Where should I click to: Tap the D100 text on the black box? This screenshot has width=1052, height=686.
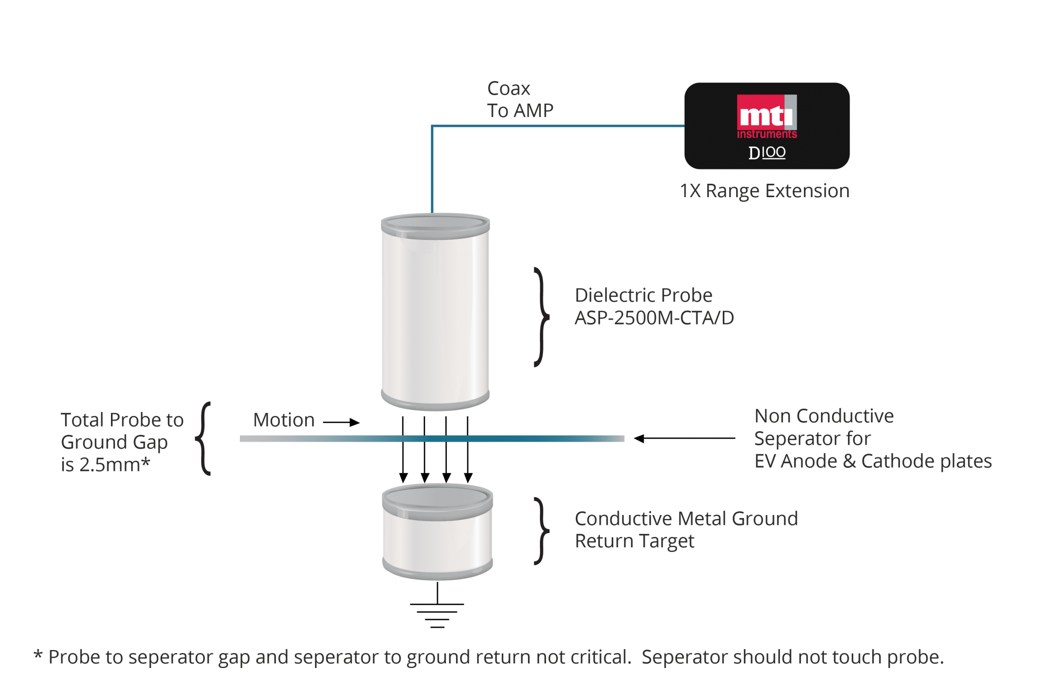pos(766,153)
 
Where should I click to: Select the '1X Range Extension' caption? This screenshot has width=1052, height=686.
pos(764,191)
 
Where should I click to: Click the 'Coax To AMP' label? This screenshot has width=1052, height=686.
pos(520,100)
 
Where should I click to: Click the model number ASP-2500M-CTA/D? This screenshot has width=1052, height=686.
pos(654,318)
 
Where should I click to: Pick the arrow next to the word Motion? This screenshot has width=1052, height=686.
pos(341,422)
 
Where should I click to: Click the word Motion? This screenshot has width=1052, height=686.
pos(284,420)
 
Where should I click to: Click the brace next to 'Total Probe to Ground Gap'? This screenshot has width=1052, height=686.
pos(204,439)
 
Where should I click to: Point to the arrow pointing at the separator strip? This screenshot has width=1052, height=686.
pos(684,439)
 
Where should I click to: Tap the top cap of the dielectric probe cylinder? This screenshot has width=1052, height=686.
pos(435,224)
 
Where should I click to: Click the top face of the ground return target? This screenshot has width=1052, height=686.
pos(437,497)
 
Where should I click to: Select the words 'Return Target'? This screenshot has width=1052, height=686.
pos(634,541)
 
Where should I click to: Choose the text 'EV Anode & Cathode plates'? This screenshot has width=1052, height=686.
pos(873,461)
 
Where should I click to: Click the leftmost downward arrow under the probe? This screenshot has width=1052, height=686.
pos(403,449)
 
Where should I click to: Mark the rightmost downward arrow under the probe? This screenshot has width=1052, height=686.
pos(468,449)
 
